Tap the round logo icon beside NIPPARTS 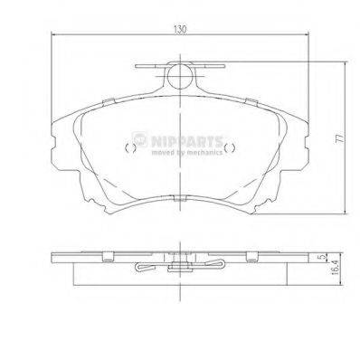click(140, 138)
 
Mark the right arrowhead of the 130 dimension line click(308, 37)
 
